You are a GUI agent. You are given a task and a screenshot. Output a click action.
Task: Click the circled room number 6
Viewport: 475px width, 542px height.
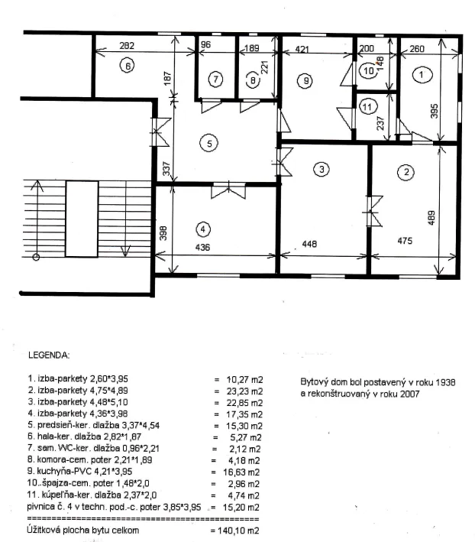click(x=128, y=66)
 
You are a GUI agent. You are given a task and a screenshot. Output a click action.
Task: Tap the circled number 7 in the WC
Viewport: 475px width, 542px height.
click(x=216, y=80)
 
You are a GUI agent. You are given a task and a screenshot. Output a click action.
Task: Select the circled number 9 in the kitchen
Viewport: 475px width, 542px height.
click(x=305, y=81)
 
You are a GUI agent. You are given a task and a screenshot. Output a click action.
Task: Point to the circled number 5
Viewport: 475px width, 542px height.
click(x=209, y=143)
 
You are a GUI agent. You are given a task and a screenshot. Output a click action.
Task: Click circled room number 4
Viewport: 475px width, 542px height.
click(x=202, y=229)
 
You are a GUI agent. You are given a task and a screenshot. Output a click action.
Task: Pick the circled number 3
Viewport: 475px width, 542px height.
click(x=322, y=170)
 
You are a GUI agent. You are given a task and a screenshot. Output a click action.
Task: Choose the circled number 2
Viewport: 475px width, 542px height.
click(x=406, y=172)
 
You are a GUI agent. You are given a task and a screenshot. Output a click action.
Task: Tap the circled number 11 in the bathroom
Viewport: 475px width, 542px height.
click(x=367, y=107)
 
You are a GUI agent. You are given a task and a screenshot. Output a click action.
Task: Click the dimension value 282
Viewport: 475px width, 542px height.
click(x=127, y=46)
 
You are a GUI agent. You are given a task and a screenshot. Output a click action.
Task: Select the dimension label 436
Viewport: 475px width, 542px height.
click(x=202, y=248)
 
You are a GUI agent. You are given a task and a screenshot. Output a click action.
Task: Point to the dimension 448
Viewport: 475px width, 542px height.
click(x=309, y=244)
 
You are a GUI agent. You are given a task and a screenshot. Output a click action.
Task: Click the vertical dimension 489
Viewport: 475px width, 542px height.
click(x=431, y=218)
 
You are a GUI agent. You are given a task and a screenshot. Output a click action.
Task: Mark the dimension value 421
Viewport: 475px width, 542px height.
click(x=302, y=49)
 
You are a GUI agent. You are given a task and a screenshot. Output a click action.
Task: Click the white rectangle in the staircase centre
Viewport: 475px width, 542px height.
click(x=82, y=219)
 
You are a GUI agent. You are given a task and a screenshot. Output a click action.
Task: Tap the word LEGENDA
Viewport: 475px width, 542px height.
click(x=49, y=355)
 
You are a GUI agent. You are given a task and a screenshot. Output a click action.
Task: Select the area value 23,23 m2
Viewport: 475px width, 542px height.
click(x=244, y=391)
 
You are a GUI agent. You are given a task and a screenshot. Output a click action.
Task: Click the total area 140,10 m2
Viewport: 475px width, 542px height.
click(x=238, y=531)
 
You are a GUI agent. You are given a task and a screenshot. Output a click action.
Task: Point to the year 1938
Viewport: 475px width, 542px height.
click(x=445, y=382)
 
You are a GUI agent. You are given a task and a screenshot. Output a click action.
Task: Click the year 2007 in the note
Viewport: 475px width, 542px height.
click(x=409, y=394)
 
